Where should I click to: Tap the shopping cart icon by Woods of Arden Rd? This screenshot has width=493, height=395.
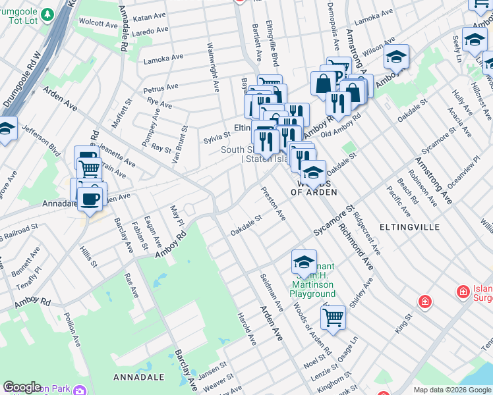pyautogui.click(x=333, y=317)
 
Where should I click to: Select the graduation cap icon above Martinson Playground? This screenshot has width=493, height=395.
pyautogui.click(x=304, y=262)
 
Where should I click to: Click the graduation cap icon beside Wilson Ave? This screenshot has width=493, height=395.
pyautogui.click(x=396, y=58)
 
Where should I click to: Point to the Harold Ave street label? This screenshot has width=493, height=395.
pyautogui.click(x=246, y=329)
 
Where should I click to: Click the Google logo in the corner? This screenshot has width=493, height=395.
pyautogui.click(x=22, y=387)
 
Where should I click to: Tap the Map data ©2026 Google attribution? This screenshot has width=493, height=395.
pyautogui.click(x=452, y=390)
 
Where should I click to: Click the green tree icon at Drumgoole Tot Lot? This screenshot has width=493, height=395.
pyautogui.click(x=47, y=14)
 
